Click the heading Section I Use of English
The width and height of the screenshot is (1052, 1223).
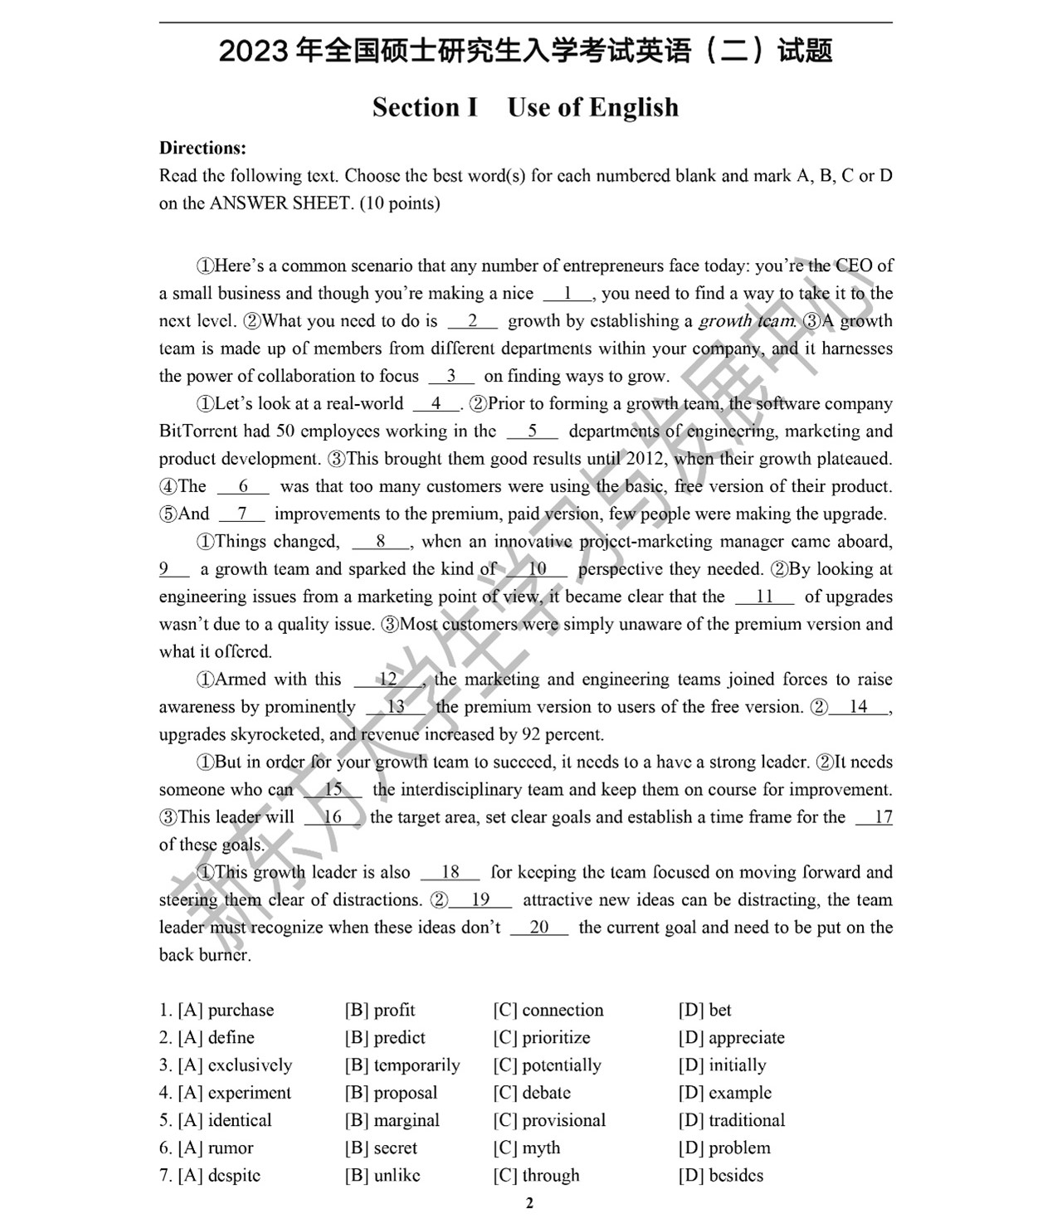click(525, 107)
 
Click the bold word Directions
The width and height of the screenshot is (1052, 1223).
click(202, 149)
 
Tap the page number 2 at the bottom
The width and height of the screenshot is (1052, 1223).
click(529, 1203)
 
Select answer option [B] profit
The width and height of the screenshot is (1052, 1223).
click(380, 1010)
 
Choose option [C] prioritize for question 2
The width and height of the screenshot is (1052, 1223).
click(542, 1037)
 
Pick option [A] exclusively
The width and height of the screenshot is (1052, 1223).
click(226, 1065)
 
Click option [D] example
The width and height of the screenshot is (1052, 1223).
click(725, 1093)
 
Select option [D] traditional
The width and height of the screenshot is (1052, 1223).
click(732, 1120)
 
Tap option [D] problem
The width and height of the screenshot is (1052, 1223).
click(724, 1147)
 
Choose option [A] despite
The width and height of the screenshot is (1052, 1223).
click(210, 1175)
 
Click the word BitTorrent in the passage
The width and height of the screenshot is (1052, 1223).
click(199, 431)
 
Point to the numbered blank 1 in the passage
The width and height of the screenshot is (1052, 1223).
click(568, 293)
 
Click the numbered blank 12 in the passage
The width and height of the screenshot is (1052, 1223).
click(387, 680)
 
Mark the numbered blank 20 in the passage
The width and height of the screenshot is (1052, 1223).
click(539, 928)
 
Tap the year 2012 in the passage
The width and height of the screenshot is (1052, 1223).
click(645, 459)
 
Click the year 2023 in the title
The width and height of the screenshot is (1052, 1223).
click(253, 51)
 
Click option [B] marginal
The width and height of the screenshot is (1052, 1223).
click(392, 1120)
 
